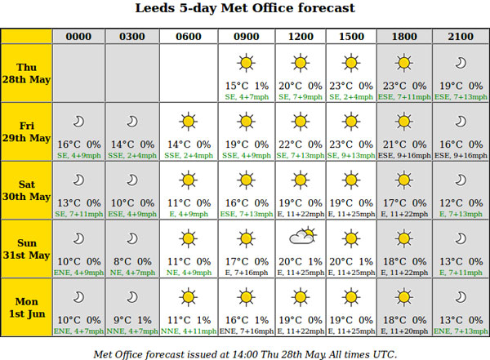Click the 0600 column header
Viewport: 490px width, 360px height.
pos(189,37)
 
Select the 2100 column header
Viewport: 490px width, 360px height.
pos(461,37)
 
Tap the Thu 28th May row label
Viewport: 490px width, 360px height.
pos(27,73)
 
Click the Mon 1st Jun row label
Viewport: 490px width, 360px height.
pos(27,308)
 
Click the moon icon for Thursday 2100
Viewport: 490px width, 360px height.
pos(461,63)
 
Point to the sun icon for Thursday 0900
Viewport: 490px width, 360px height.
pos(247,63)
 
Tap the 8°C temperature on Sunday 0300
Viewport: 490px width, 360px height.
pos(122,261)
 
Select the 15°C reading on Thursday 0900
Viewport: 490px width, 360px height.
pos(237,86)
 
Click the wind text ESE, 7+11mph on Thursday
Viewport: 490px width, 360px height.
pos(404,97)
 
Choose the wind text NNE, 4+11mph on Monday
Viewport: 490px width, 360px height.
pos(189,331)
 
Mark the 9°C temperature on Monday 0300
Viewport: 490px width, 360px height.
pos(122,320)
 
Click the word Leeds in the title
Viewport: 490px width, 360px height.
pos(154,8)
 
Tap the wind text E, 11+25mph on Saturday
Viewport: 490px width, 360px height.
pos(351,214)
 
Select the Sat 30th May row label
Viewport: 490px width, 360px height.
pos(27,190)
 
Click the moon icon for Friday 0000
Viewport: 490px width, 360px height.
pos(78,122)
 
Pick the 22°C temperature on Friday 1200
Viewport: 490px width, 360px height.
pos(290,144)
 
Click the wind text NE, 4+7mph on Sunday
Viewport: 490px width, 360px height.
pos(132,273)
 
